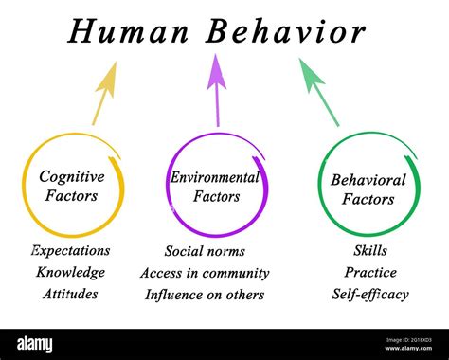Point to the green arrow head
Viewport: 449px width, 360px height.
pyautogui.click(x=311, y=74)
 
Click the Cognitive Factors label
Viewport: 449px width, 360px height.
pyautogui.click(x=71, y=185)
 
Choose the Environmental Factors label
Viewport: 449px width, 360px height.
pyautogui.click(x=215, y=187)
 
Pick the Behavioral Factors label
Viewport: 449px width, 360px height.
pyautogui.click(x=368, y=189)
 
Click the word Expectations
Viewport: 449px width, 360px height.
pyautogui.click(x=70, y=251)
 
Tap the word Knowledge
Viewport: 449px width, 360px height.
pyautogui.click(x=70, y=273)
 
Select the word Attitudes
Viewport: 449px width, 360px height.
pyautogui.click(x=70, y=294)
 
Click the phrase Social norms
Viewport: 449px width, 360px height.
pyautogui.click(x=205, y=251)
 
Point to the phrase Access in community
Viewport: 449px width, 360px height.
pyautogui.click(x=205, y=273)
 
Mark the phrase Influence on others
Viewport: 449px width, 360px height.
pyautogui.click(x=205, y=294)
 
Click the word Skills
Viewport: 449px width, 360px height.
pyautogui.click(x=369, y=251)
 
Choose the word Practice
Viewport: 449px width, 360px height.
pyautogui.click(x=369, y=273)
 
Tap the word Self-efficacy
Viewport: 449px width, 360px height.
pyautogui.click(x=369, y=294)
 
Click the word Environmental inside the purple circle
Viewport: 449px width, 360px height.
pyautogui.click(x=215, y=177)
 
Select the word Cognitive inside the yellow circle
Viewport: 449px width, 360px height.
pyautogui.click(x=71, y=175)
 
